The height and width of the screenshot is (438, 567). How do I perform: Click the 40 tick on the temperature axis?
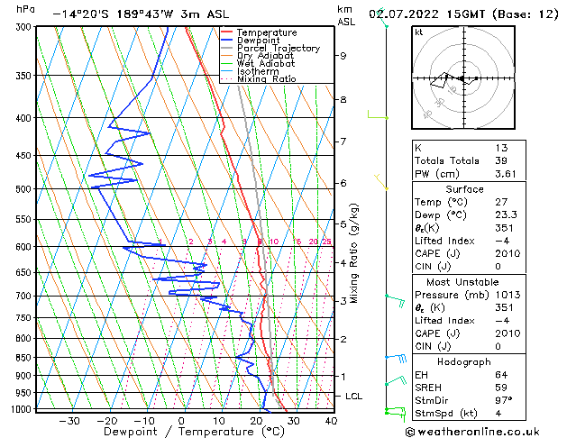(331, 420)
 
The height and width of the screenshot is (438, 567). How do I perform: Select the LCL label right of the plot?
(355, 396)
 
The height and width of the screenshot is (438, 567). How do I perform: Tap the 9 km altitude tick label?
(343, 55)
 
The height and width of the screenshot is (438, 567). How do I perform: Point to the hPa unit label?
(26, 9)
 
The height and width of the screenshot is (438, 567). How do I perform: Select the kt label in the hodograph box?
(419, 32)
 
